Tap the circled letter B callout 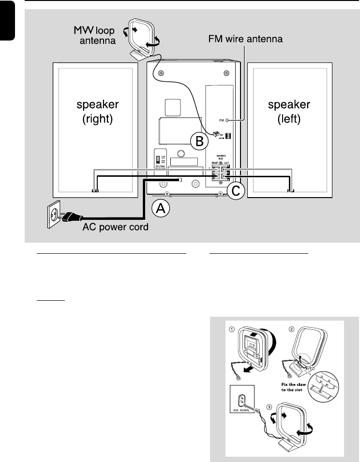[x=198, y=141]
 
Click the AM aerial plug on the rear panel [x=214, y=134]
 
